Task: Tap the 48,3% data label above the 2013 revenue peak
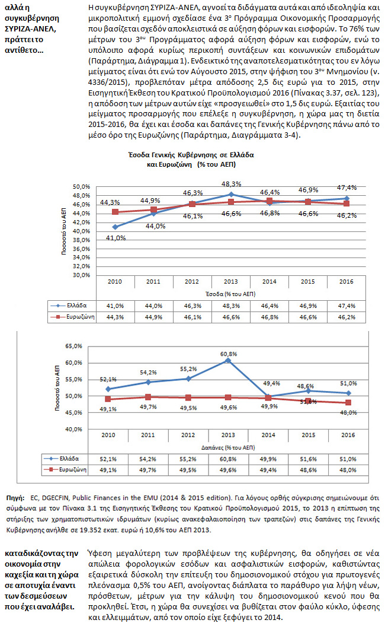tap(231, 184)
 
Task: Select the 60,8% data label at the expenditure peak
tap(231, 354)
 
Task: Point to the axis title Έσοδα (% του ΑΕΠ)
tap(229, 293)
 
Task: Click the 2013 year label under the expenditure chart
tap(229, 435)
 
